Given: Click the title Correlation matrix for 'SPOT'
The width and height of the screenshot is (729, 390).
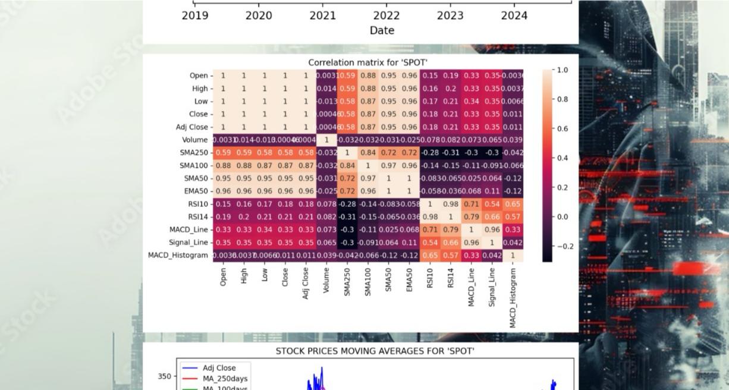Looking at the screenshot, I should [x=367, y=62].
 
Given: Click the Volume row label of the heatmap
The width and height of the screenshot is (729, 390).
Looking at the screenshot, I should [x=195, y=140].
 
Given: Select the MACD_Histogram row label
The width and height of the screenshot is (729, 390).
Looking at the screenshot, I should [x=178, y=255].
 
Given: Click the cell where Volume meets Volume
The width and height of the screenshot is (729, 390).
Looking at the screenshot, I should [x=326, y=140].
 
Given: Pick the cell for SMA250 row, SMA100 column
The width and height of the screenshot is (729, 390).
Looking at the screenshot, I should [x=368, y=153].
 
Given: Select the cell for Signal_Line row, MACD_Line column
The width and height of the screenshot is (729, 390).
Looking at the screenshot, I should [x=472, y=243].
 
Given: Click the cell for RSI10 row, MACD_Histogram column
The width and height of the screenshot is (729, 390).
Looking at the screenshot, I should [x=513, y=204].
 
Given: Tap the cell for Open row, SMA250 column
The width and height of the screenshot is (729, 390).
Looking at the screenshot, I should [x=347, y=76].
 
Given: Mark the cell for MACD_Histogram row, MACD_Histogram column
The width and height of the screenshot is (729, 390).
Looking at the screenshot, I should [x=513, y=255].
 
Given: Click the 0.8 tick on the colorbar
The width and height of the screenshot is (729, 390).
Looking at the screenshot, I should [x=562, y=99].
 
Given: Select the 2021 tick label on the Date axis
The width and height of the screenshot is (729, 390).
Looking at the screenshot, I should [x=322, y=15].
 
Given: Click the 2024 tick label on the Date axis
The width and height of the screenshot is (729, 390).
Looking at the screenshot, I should [x=514, y=15].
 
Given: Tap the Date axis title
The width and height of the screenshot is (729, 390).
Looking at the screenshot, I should [x=382, y=30].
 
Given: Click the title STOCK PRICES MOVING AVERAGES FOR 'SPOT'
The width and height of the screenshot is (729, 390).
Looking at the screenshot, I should [x=375, y=351].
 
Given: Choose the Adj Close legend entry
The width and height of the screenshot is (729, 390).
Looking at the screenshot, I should [x=219, y=368].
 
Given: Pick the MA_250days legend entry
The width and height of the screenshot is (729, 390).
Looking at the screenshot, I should [x=225, y=379].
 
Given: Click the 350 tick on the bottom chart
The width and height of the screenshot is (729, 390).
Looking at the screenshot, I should [x=164, y=376].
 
